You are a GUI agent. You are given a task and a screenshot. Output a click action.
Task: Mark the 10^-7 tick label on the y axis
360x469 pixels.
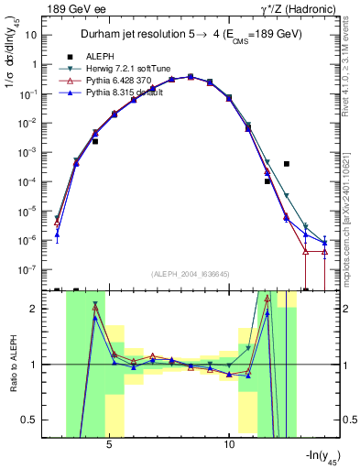(27, 270)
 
